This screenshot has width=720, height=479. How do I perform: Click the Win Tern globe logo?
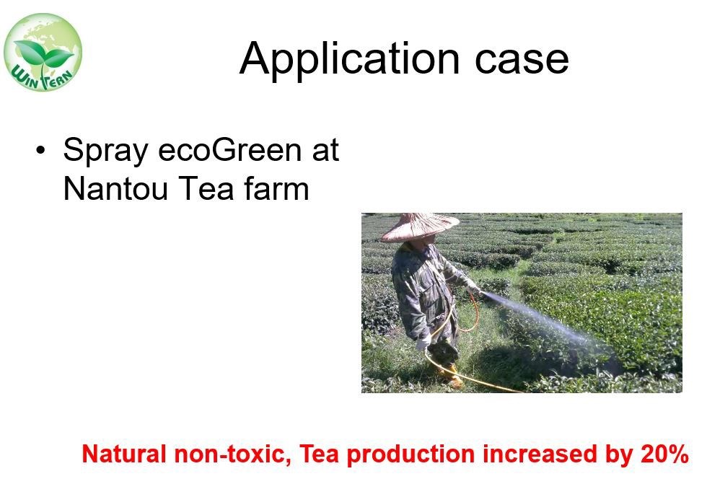coord(43,52)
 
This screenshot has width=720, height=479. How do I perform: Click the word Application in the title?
coord(349,58)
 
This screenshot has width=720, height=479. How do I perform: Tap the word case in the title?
coord(522,60)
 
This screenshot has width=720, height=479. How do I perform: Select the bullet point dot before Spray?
coord(41,150)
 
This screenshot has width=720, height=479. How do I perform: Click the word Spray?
coord(105,151)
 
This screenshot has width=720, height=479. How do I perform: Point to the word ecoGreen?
coord(230,150)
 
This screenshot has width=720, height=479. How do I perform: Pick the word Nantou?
coord(115,189)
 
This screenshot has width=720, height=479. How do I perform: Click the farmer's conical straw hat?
coord(419,227)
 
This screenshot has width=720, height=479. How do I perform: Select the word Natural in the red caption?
coord(123,454)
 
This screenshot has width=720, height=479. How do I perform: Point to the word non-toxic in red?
coord(232,454)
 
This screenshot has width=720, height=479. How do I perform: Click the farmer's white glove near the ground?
coord(423,342)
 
